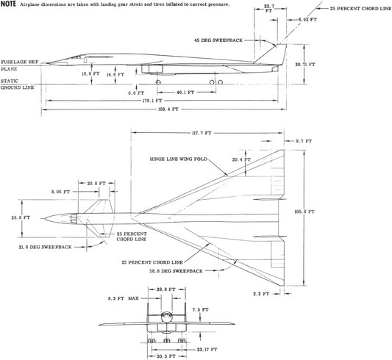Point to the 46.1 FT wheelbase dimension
click(x=185, y=92)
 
